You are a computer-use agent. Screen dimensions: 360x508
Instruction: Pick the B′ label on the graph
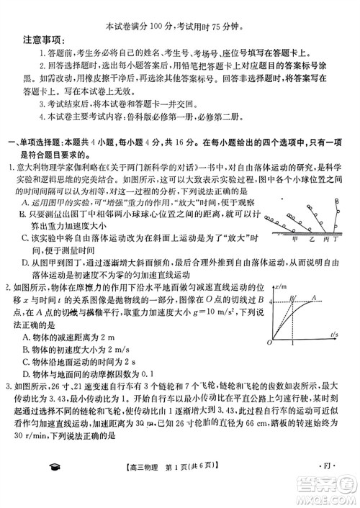pos(292,277)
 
